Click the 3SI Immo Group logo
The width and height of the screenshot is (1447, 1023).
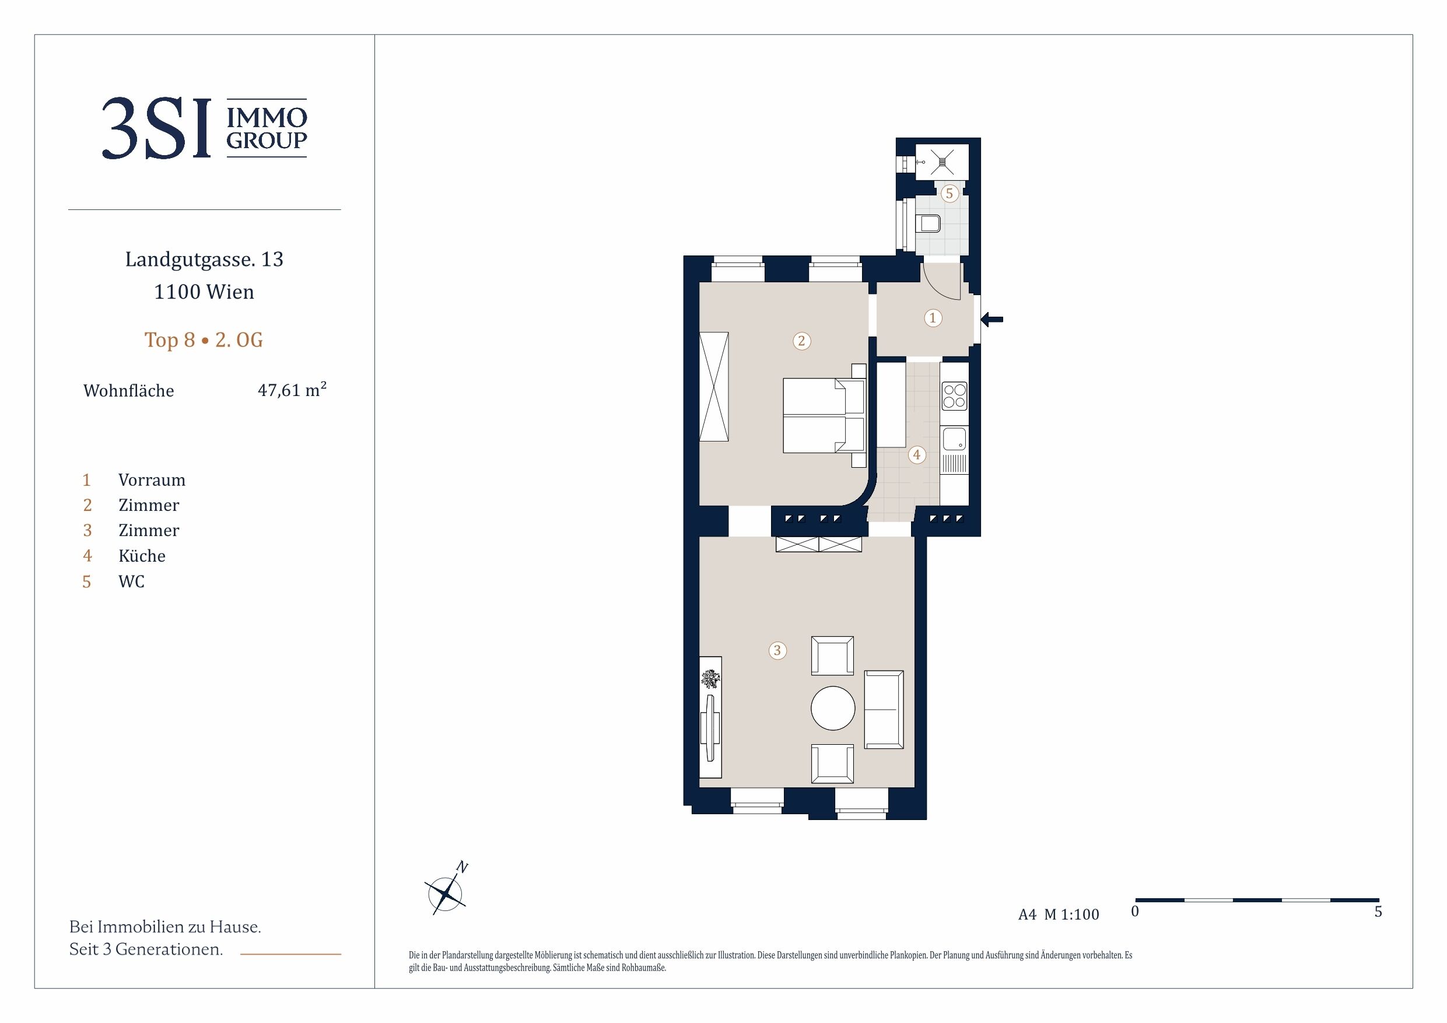pos(204,128)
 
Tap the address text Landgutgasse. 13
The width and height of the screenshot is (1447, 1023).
pos(204,259)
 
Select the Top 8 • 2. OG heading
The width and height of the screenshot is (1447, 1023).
pos(204,340)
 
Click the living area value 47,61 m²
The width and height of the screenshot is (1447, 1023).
pos(292,390)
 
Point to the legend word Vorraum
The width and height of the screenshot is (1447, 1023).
pos(152,481)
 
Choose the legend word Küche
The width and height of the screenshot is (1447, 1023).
pos(142,556)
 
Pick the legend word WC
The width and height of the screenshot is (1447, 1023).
pos(132,581)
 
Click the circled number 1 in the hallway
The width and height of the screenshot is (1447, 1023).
pos(933,318)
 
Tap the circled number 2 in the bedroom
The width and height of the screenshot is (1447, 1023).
pos(801,341)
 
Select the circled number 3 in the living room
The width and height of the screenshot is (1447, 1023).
pos(777,650)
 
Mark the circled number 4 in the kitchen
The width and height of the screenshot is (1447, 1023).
pos(917,454)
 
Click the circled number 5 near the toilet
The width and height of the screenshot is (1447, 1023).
pos(949,194)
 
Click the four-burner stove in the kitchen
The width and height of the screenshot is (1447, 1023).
pos(954,396)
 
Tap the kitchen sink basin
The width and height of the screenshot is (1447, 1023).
pos(954,439)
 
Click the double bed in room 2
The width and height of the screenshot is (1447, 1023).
pos(824,415)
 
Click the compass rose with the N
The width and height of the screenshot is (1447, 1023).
pos(446,890)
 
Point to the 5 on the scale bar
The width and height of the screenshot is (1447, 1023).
pos(1378,912)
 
